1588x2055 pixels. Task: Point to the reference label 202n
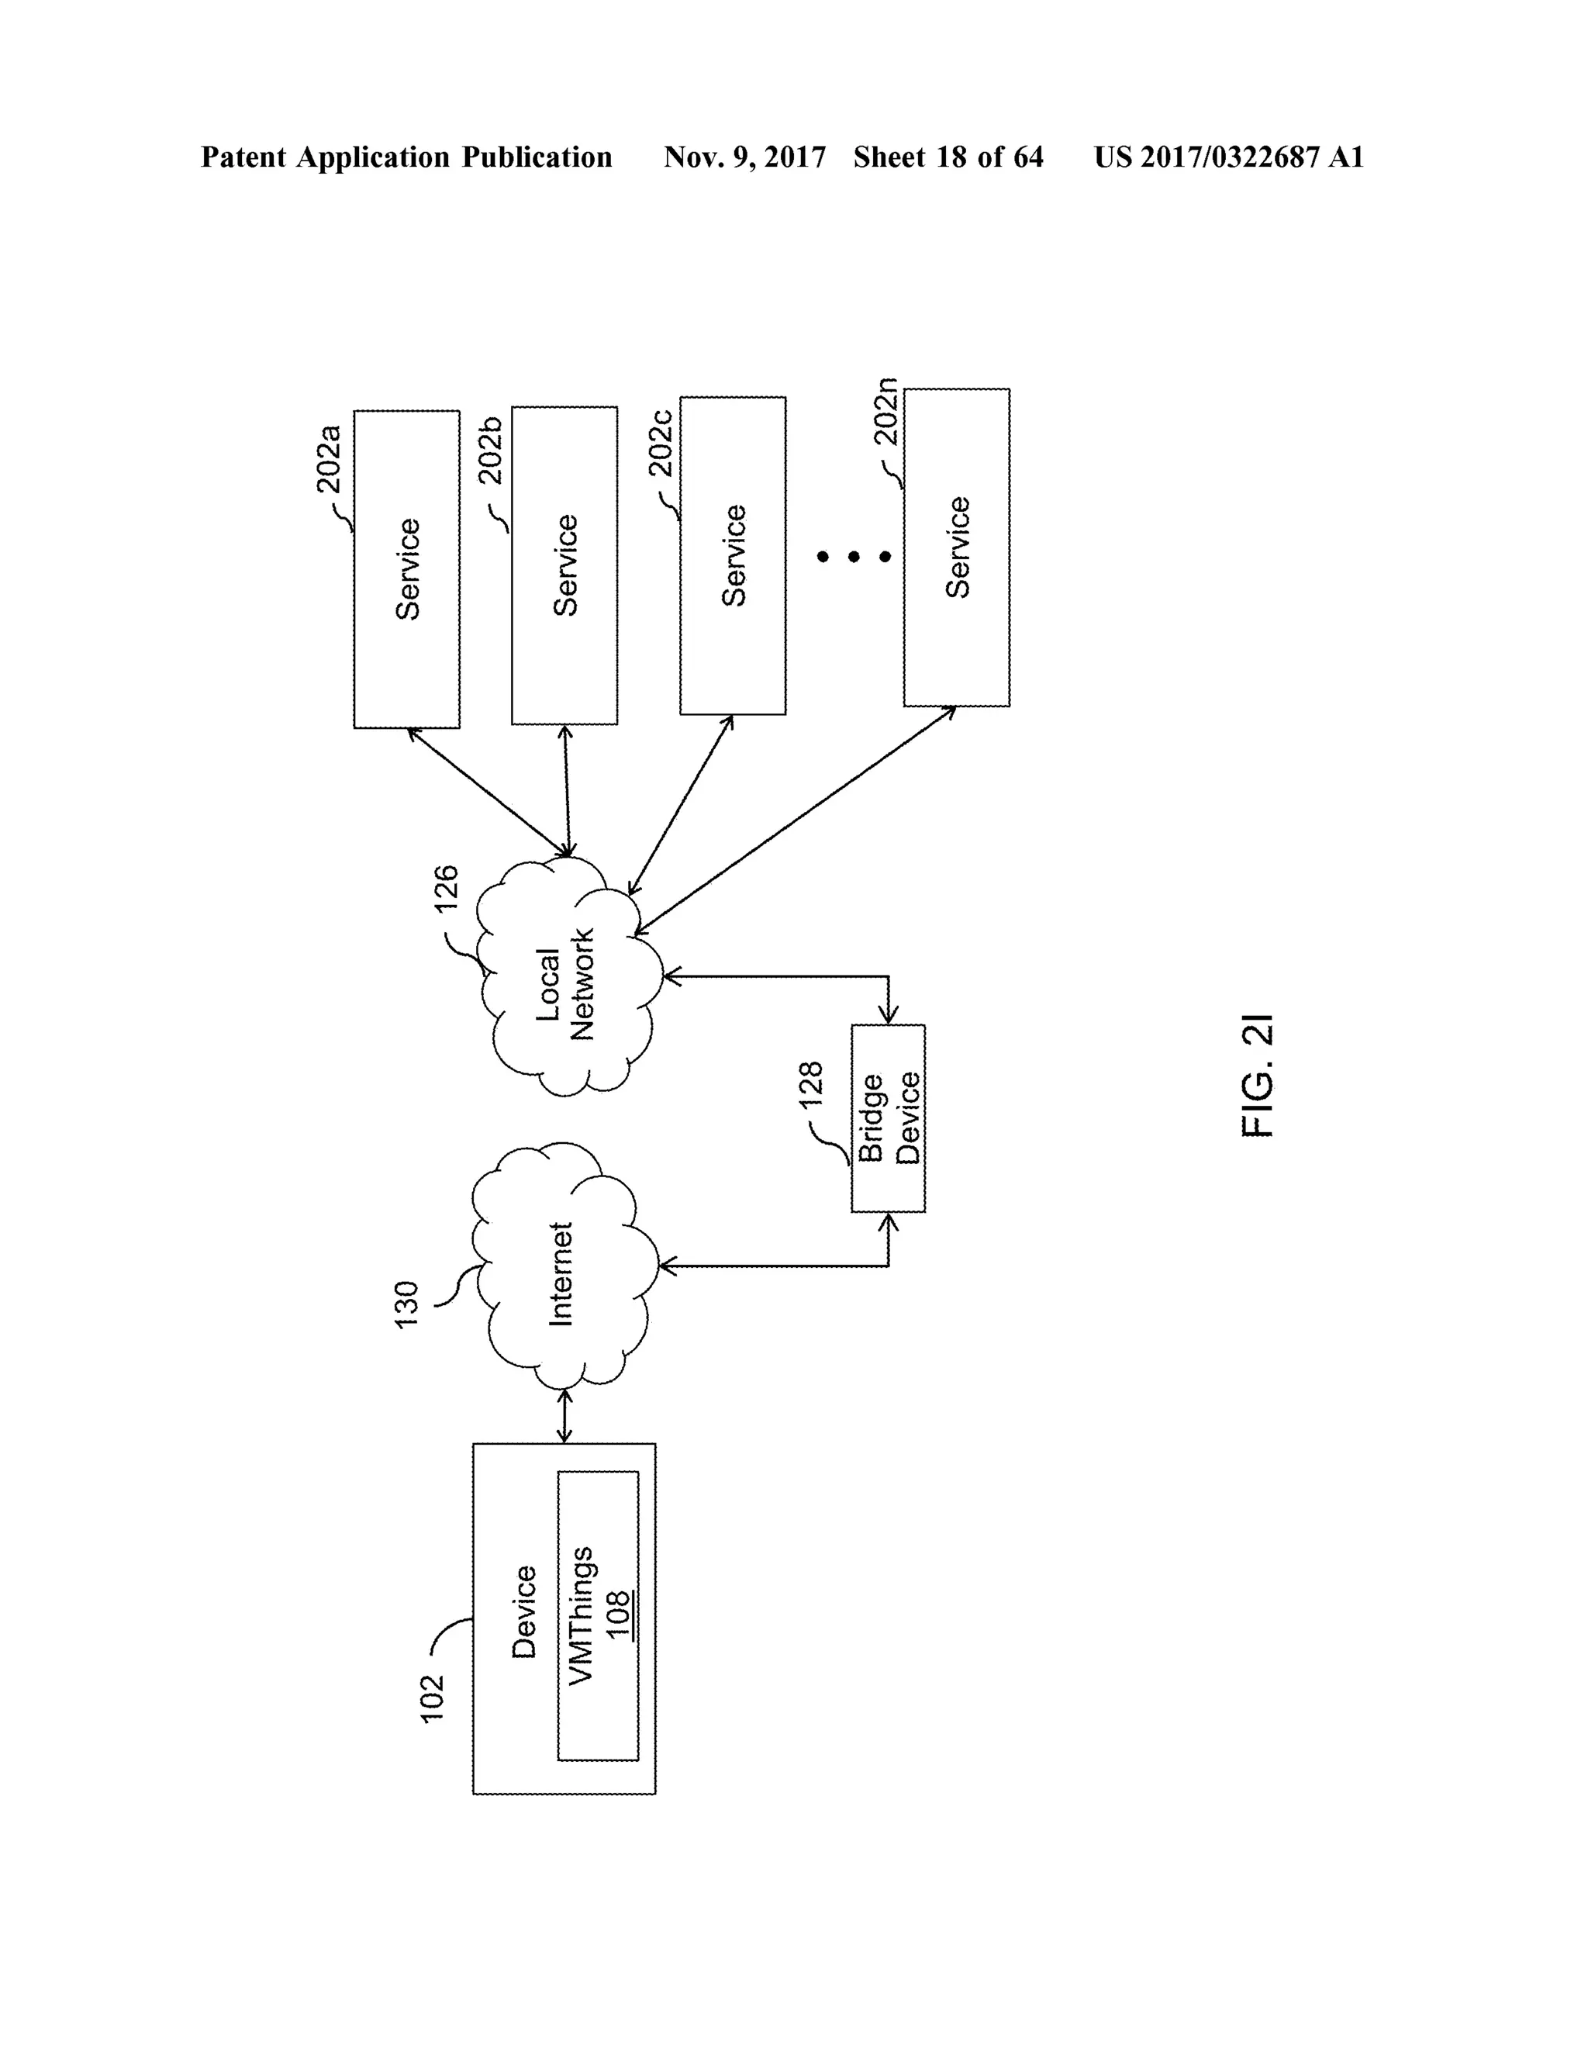[885, 411]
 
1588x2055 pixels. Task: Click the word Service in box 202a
[407, 569]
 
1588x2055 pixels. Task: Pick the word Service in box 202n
[958, 547]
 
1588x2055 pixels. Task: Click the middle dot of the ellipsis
[853, 557]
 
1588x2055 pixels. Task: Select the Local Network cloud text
[564, 984]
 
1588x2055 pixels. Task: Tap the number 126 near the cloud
[446, 888]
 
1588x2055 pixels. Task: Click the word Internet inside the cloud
[561, 1274]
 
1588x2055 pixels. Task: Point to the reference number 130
[406, 1304]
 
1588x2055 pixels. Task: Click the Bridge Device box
[888, 1117]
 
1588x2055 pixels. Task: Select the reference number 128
[810, 1084]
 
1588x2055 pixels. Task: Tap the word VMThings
[582, 1615]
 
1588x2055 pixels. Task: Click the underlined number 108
[617, 1615]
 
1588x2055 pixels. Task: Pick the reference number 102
[431, 1698]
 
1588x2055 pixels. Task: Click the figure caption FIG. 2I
[1257, 1076]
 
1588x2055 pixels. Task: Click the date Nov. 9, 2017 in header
[744, 157]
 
